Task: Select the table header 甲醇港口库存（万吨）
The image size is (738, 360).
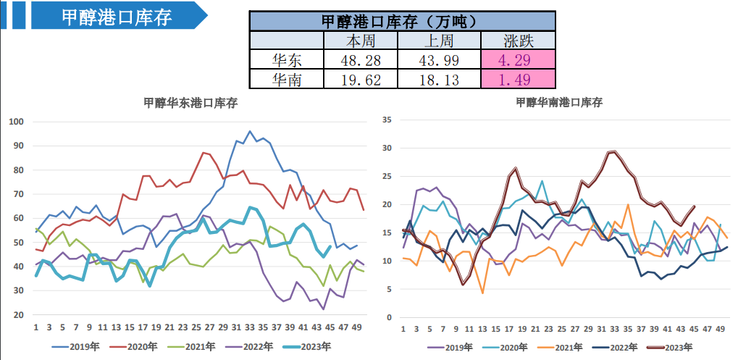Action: (x=403, y=22)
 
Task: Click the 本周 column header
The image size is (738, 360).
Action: (x=361, y=41)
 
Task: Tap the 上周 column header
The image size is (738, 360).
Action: (x=440, y=41)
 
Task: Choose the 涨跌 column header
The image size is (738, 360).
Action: (x=519, y=41)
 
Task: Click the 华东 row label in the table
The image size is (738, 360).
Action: (x=286, y=60)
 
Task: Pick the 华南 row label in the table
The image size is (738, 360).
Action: (x=286, y=80)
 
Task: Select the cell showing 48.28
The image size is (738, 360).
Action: (x=361, y=60)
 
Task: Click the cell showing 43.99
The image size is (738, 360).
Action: (x=440, y=60)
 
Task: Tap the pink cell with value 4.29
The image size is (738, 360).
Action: (x=519, y=60)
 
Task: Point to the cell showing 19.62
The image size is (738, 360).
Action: (x=361, y=80)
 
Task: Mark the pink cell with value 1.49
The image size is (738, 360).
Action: (x=519, y=80)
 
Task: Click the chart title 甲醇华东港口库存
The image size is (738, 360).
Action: (x=190, y=103)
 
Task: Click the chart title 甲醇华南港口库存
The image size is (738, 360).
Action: (x=558, y=103)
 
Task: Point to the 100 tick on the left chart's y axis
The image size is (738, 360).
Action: (x=16, y=122)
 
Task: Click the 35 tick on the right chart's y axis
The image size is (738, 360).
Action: (x=387, y=120)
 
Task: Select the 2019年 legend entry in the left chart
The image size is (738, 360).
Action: (x=79, y=346)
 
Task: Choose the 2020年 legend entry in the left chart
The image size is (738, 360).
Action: (x=138, y=346)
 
